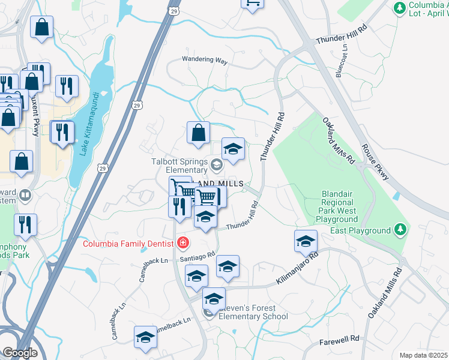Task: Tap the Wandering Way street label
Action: tap(205, 61)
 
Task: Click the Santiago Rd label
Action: tap(197, 256)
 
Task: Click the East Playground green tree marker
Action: tap(399, 230)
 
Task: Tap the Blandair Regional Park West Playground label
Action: tap(332, 211)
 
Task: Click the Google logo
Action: tap(19, 352)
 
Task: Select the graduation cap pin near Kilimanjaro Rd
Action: tap(306, 241)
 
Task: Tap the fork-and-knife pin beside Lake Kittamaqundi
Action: tap(62, 133)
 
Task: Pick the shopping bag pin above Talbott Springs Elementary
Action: tap(198, 133)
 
